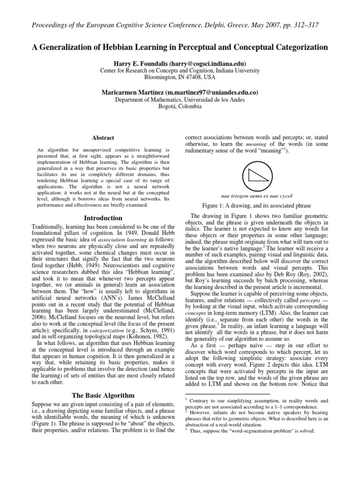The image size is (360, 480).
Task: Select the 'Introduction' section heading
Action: click(x=102, y=218)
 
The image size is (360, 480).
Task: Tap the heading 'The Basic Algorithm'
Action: click(x=102, y=396)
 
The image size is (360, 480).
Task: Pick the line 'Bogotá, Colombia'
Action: click(x=180, y=106)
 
